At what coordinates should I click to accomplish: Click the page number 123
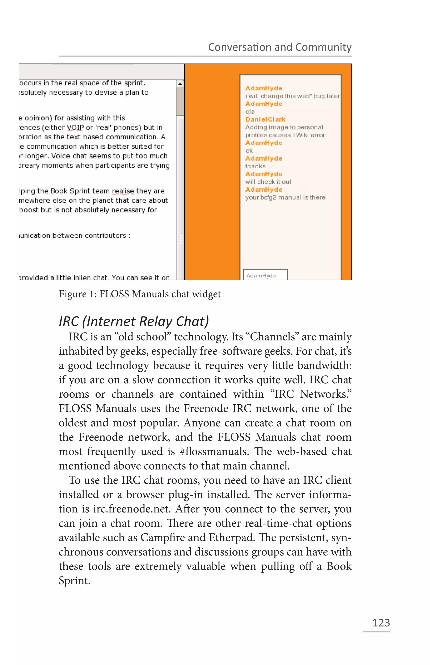tap(381, 623)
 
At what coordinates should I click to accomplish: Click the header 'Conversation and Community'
tap(280, 47)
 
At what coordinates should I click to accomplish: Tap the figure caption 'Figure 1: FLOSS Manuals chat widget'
tap(140, 294)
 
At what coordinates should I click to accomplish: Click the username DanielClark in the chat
tap(265, 119)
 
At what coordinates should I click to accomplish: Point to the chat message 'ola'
tap(250, 112)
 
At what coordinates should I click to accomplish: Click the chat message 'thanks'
tap(255, 166)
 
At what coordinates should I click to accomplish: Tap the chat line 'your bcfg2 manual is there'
tap(285, 198)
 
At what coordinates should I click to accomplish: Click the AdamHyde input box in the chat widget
tap(265, 275)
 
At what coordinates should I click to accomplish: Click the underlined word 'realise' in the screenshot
tap(123, 191)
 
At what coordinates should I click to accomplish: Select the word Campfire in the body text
tap(159, 538)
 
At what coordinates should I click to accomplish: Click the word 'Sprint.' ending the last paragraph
tap(74, 581)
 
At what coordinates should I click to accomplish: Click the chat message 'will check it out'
tap(268, 182)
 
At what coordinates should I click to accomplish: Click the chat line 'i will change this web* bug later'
tap(292, 96)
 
